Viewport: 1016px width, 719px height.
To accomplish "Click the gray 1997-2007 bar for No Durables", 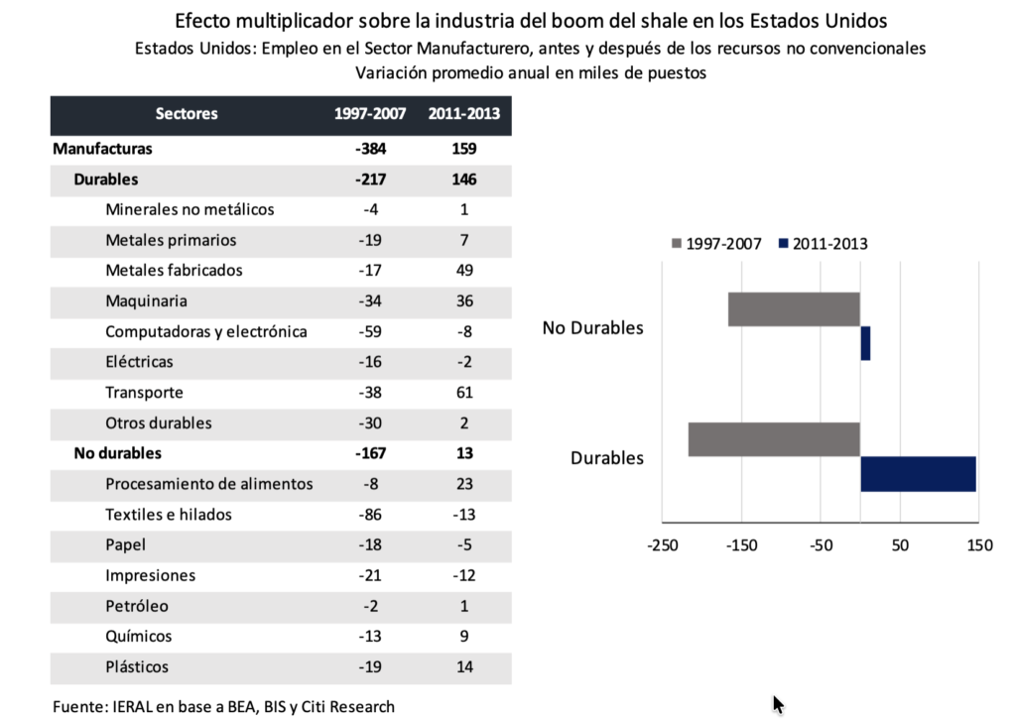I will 793,309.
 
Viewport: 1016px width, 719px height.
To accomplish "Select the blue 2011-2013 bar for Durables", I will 918,474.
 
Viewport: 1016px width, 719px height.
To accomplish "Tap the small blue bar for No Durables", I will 865,343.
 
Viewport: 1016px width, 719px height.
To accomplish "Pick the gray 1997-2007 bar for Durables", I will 773,440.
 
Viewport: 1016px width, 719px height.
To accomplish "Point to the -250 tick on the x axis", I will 663,545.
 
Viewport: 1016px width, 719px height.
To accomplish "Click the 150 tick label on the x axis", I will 978,545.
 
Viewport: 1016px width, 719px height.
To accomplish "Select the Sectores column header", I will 187,114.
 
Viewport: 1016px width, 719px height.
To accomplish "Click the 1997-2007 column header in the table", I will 370,114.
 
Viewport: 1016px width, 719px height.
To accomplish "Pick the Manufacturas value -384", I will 370,149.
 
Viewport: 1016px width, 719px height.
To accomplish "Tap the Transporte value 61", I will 464,393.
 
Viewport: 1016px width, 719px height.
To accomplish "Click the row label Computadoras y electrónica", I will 206,331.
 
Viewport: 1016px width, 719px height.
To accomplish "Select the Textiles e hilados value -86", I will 370,515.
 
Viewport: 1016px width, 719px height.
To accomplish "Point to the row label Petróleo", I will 137,606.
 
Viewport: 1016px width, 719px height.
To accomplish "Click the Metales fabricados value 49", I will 464,271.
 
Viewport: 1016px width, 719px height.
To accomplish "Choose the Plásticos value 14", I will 464,666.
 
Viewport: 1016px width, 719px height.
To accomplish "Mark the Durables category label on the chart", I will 606,458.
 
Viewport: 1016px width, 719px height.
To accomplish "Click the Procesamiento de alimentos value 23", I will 464,484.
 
